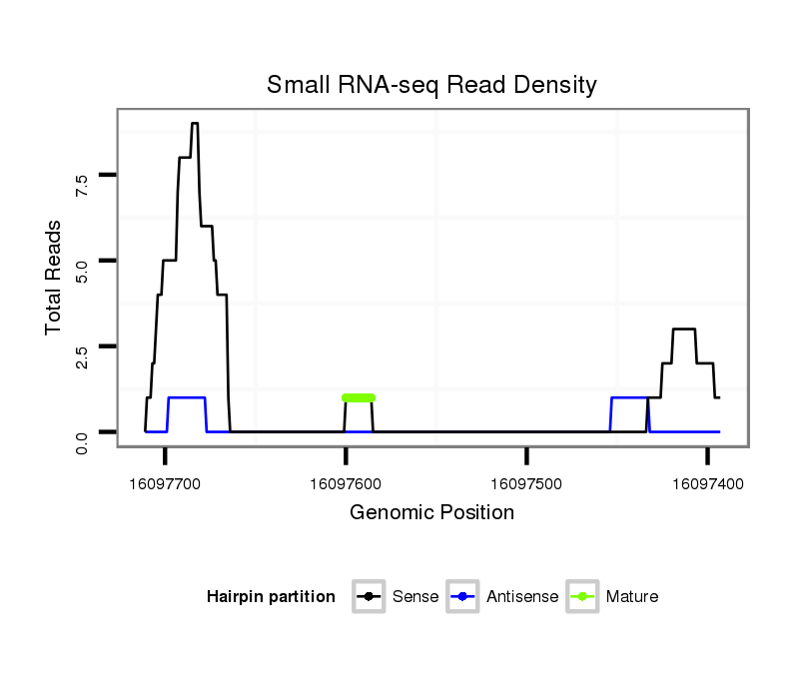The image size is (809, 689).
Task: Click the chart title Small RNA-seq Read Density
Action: tap(431, 85)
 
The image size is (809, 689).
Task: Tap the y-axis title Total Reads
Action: tap(56, 278)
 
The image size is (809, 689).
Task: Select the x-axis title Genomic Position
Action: tap(431, 513)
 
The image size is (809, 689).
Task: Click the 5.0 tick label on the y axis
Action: tap(83, 270)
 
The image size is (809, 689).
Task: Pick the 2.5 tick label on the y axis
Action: tap(83, 355)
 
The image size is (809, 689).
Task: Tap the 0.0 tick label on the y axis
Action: tap(83, 440)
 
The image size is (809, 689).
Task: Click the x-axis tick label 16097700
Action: tap(166, 484)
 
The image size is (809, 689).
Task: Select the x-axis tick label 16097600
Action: tap(346, 484)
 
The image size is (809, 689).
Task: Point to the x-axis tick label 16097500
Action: tap(526, 484)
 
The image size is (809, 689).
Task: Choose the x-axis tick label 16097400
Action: tap(707, 484)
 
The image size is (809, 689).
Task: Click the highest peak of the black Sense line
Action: tap(195, 124)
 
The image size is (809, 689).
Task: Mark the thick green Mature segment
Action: tap(359, 397)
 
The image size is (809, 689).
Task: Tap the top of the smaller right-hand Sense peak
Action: tap(684, 329)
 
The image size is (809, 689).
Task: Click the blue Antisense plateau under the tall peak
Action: tap(187, 397)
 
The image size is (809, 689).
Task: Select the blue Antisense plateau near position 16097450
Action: tap(629, 397)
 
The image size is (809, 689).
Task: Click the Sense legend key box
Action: tap(369, 597)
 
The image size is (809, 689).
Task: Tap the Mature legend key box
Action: tap(582, 597)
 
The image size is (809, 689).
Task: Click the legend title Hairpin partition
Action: tap(271, 597)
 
